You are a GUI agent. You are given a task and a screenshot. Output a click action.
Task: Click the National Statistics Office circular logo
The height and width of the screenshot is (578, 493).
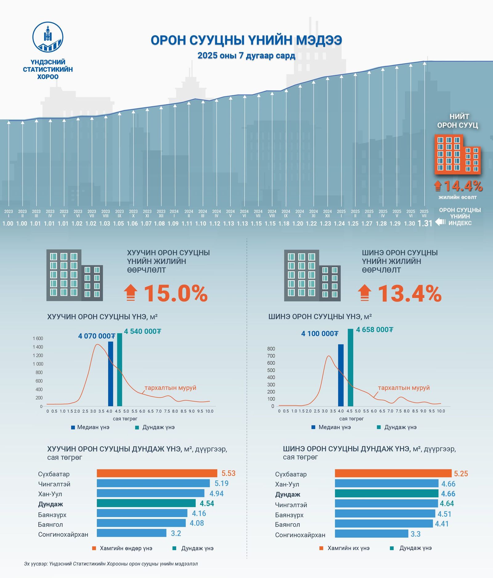tap(48, 37)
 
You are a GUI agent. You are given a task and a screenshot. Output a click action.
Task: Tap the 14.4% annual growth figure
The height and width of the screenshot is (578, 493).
tap(463, 186)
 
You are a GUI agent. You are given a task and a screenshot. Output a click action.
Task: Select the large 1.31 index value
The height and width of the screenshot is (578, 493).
tap(425, 223)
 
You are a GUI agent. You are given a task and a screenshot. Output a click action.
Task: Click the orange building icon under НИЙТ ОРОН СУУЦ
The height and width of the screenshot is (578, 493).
tap(457, 154)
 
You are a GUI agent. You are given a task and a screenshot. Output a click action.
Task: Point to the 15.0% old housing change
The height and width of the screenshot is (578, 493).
tap(176, 293)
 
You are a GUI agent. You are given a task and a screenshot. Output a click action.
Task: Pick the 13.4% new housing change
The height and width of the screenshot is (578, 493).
tap(409, 293)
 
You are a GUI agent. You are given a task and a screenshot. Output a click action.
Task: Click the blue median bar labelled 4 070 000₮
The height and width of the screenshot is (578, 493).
tap(111, 374)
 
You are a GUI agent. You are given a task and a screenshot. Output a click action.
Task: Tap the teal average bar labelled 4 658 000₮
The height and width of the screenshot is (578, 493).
tap(350, 367)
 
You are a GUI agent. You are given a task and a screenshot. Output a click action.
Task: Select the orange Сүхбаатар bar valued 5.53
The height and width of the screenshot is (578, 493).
tap(157, 473)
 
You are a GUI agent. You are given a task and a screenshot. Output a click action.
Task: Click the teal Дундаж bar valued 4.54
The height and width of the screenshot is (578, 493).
tap(146, 503)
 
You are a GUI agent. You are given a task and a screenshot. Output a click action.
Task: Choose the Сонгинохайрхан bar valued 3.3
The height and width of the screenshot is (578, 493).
tap(371, 534)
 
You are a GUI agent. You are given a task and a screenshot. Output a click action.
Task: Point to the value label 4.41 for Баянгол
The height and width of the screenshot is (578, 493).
tap(442, 524)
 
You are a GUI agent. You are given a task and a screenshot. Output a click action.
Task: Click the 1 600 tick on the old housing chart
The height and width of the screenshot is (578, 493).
tap(38, 338)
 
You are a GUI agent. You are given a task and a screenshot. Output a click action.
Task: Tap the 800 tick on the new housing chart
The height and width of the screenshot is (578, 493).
tap(271, 349)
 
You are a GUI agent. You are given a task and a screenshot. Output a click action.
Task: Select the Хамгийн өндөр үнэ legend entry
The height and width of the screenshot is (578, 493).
tap(122, 548)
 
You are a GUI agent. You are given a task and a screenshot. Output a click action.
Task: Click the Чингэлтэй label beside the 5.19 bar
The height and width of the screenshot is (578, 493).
tap(54, 484)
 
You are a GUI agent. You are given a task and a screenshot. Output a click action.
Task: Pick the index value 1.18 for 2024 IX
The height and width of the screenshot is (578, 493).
tap(284, 224)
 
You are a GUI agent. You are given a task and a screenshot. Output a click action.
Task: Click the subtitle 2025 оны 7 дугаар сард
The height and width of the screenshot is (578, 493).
tap(246, 56)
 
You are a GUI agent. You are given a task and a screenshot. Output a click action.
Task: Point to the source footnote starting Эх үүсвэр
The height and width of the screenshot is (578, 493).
tap(111, 564)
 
